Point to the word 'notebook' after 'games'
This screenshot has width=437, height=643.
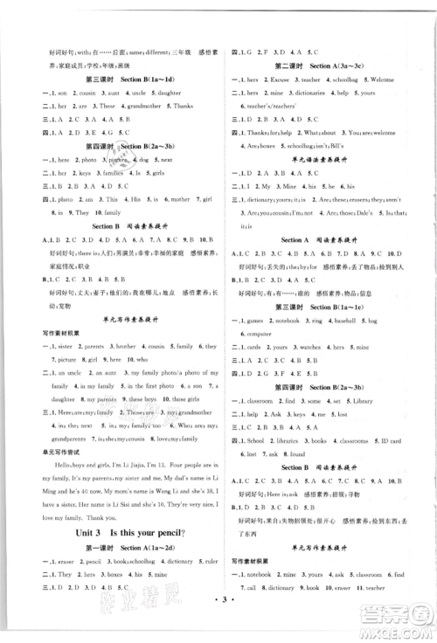[x=297, y=321]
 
